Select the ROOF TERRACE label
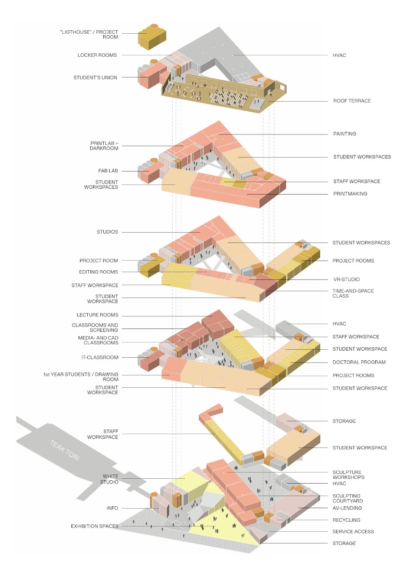(352, 101)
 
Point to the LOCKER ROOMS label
(97, 55)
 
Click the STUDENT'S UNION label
(95, 78)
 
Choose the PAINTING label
(344, 134)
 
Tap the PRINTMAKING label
(350, 194)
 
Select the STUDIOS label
(107, 232)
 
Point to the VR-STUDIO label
(346, 279)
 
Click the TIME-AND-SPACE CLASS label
(353, 293)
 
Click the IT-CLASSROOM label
(100, 357)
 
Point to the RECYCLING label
(346, 520)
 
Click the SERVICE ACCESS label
(353, 532)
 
